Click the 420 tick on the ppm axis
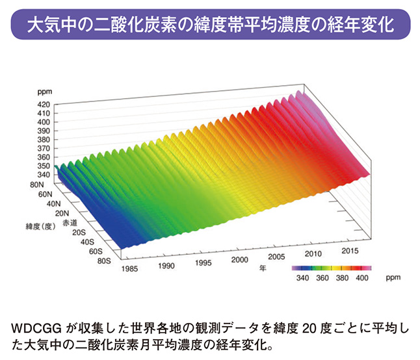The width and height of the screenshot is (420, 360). click(43, 104)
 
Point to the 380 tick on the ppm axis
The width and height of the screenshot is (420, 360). click(43, 139)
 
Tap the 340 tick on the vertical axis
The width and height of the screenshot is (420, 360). click(43, 174)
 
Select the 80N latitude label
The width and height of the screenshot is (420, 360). click(44, 185)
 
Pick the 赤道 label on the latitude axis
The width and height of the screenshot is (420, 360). click(69, 222)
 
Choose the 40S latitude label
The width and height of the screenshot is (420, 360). click(88, 241)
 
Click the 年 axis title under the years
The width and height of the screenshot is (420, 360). click(263, 266)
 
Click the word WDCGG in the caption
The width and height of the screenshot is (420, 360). click(34, 326)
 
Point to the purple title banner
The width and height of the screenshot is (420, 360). click(209, 26)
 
